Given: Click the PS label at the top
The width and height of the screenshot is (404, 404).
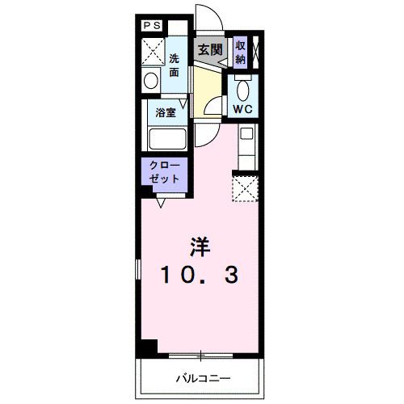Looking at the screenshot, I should pos(152,26).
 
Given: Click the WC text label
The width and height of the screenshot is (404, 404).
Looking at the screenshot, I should pos(242,107).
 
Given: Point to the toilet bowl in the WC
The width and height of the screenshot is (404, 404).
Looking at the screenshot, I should pos(243,86).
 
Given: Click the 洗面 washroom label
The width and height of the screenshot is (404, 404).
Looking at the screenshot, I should pos(175,64).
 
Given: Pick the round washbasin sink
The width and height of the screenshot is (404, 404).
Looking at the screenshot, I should pos(151,80).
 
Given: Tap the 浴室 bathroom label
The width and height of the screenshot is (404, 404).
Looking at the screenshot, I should pos(166,113).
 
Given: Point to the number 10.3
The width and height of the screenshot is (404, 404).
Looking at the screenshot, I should pos(200,276).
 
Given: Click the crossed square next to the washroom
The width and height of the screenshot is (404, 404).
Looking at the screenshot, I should pos(152,52).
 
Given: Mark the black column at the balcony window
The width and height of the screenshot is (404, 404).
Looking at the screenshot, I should pos(147,349).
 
